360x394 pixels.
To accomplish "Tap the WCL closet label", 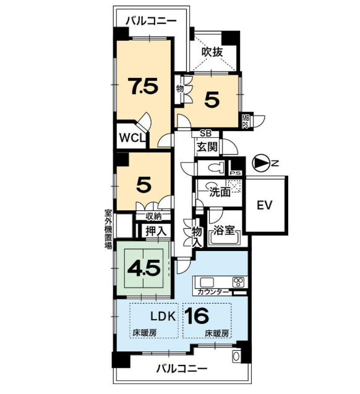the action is [132, 138].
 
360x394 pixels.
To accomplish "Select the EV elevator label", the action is [265, 205].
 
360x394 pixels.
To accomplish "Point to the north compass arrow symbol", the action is [259, 163].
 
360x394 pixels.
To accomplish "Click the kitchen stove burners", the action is [238, 282].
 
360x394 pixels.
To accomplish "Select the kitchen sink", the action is [207, 282].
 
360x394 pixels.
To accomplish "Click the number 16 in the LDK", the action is [197, 315].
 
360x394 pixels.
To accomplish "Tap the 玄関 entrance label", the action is [207, 147].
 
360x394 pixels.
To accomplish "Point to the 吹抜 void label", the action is [212, 52].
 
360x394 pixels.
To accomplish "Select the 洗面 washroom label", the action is [220, 192].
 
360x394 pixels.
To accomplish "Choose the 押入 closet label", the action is [156, 231].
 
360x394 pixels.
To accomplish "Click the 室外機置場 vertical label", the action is [108, 229].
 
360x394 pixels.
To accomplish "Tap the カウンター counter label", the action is [213, 292].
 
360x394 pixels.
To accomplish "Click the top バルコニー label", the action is [151, 21].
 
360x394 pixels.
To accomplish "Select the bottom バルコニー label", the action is [182, 369].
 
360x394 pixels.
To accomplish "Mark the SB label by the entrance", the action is [205, 134].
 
